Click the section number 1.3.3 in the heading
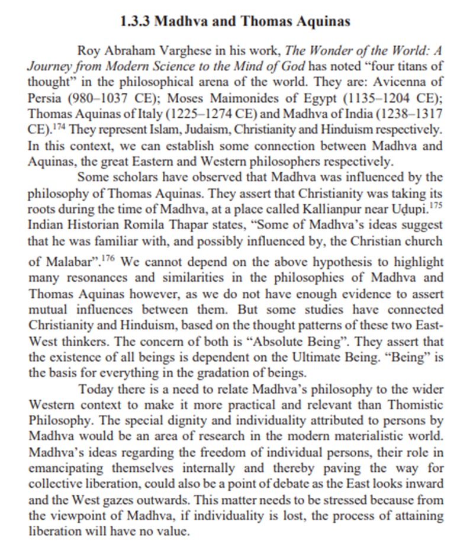click(x=136, y=22)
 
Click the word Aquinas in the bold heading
click(x=323, y=22)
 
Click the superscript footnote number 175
click(x=436, y=202)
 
